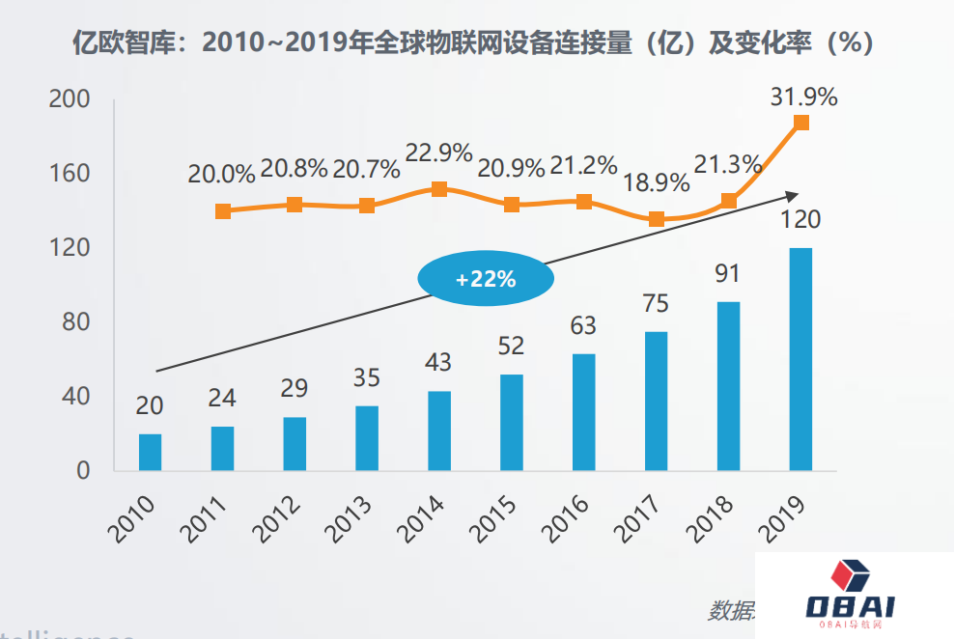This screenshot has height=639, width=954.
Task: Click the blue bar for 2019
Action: [800, 359]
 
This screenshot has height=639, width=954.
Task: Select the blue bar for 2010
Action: [150, 452]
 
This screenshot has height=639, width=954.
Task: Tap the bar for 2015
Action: [512, 422]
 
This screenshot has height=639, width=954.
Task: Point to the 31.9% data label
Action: [803, 97]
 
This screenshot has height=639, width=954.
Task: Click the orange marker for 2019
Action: [801, 123]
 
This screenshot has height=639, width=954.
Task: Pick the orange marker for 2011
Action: [223, 211]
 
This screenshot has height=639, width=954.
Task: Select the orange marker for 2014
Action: [439, 189]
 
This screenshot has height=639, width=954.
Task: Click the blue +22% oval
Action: [486, 280]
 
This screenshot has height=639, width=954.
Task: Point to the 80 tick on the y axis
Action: [76, 321]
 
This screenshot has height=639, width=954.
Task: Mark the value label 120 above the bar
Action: [801, 220]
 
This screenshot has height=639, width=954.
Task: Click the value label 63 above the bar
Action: [583, 326]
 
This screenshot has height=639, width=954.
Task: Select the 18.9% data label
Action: [657, 183]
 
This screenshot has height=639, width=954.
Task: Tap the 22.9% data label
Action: [438, 153]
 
